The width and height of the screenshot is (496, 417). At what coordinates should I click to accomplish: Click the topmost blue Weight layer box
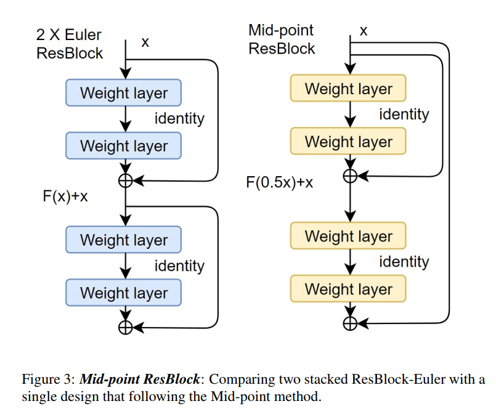pos(124,93)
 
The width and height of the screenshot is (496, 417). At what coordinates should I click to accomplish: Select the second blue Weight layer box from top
pos(124,146)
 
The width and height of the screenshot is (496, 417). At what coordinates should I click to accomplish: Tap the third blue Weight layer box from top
pos(124,240)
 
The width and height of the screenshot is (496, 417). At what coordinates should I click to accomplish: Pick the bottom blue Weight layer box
pos(124,293)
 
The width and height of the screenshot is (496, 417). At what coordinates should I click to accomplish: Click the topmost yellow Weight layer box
pos(348,89)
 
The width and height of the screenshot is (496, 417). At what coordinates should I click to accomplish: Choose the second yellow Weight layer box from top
pos(348,142)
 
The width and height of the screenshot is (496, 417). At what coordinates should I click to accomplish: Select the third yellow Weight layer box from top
pos(348,236)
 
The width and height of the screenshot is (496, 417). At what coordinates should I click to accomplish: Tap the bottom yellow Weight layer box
pos(348,289)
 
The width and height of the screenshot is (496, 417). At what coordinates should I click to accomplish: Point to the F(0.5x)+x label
pos(280,183)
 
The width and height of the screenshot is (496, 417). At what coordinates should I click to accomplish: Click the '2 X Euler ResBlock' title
pos(69,44)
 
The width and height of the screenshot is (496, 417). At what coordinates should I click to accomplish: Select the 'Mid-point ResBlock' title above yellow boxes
pos(282,39)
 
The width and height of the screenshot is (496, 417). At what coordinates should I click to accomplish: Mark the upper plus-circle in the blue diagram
pos(126,180)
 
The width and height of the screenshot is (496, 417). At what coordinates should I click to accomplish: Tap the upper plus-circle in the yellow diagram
pos(350,176)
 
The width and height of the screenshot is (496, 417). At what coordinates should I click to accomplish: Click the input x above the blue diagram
pos(145,43)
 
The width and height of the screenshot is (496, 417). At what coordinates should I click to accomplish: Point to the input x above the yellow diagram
pos(364,31)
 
